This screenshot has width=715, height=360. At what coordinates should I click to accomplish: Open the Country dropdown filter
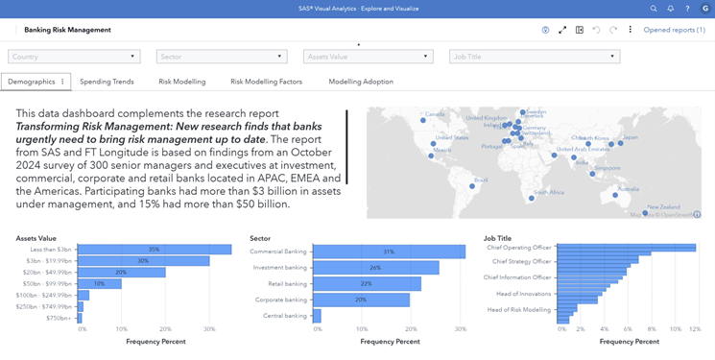pos(74,57)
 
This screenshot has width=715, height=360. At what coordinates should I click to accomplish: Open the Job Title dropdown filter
pos(534,57)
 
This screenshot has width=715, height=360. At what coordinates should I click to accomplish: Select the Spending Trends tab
pos(107,82)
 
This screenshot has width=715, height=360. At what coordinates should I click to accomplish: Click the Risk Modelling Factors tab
pos(266,82)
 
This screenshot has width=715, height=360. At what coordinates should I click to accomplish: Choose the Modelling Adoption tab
pos(361,82)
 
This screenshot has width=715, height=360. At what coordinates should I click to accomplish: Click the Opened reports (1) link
pos(674,30)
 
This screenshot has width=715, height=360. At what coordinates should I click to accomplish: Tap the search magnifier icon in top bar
pos(654,9)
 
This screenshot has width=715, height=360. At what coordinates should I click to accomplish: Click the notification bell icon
pos(671,9)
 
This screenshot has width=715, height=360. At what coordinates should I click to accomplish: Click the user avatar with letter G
pos(705,9)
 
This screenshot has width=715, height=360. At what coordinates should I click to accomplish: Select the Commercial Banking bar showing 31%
pos(389,252)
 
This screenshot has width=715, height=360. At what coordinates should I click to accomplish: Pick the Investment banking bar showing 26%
pos(375,268)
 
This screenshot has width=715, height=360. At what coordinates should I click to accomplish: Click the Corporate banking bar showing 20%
pos(361,300)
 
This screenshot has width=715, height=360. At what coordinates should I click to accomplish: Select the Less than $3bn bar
pos(154,250)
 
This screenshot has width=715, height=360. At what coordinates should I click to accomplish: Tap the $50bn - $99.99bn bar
pos(99,284)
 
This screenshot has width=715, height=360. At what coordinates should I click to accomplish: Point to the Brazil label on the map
pos(481,180)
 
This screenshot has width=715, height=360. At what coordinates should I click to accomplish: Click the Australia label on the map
pos(628,188)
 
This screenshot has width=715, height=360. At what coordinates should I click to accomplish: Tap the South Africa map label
pos(549,192)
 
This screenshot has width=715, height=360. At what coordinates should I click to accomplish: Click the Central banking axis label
pos(285,315)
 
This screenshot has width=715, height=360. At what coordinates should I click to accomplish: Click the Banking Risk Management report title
pos(67,30)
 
